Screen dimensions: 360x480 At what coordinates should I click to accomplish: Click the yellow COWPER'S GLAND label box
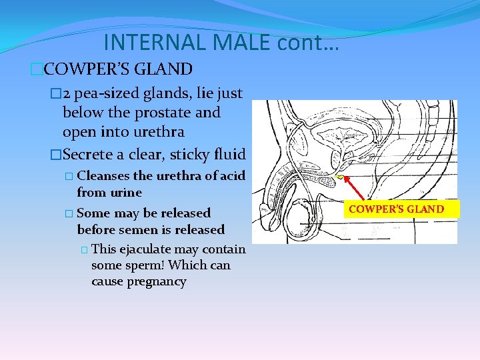[395, 209]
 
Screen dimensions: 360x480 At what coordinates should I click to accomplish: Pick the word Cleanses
[103, 176]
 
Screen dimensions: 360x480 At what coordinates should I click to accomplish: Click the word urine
[127, 193]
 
